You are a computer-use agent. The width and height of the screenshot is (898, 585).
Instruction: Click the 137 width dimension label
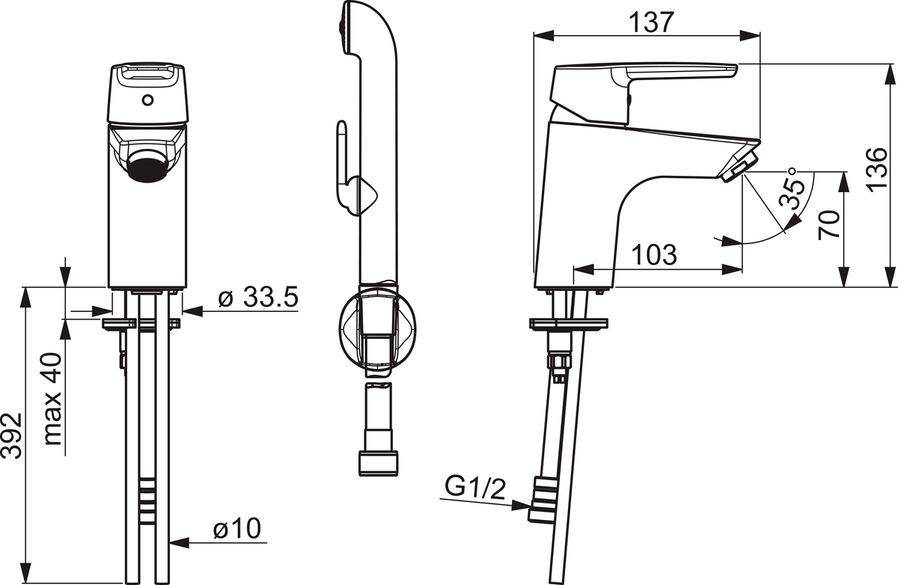[x=652, y=22]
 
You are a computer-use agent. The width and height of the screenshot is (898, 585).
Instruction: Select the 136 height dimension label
[x=876, y=168]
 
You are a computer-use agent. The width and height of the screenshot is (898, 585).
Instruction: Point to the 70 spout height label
[x=828, y=225]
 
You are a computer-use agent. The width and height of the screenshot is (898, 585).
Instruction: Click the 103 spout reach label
[x=654, y=254]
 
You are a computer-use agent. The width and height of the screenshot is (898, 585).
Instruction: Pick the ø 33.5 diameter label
[x=259, y=297]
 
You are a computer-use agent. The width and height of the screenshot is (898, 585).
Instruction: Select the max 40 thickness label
[x=52, y=399]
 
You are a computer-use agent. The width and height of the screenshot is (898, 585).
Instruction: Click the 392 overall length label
[x=11, y=436]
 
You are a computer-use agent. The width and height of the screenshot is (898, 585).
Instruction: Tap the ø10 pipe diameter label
[x=237, y=528]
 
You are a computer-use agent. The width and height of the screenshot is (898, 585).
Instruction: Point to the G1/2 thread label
[x=475, y=488]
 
